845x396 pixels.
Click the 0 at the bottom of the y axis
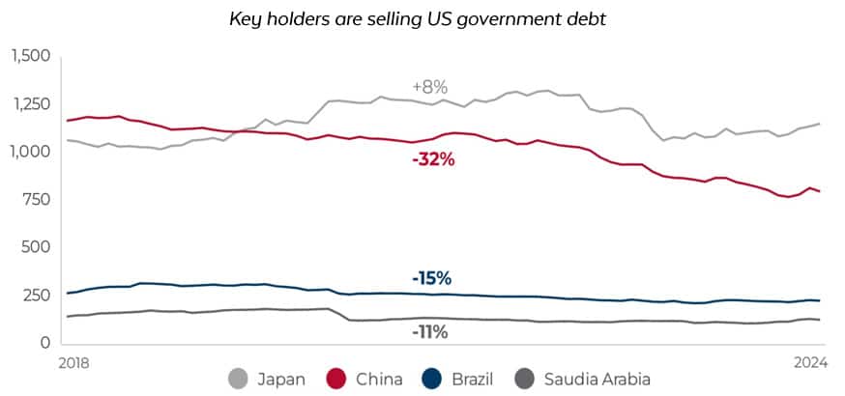(44, 343)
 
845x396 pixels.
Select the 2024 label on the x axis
(810, 362)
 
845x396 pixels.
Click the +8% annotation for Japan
(428, 88)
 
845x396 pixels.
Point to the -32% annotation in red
(432, 159)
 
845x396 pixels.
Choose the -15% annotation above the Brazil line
(430, 278)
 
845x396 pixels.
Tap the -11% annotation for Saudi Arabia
(429, 332)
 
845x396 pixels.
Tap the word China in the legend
(377, 379)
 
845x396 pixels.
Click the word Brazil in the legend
(471, 379)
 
